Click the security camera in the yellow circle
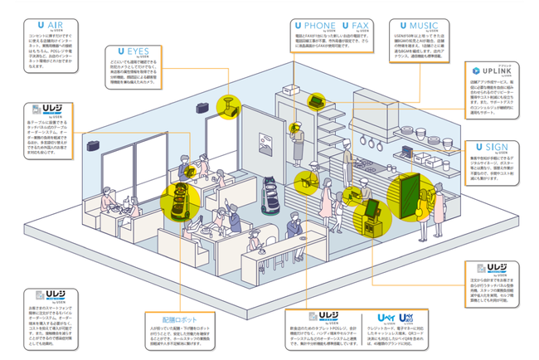click(224, 106)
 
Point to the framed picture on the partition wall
click(238, 131)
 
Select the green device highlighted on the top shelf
click(316, 101)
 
